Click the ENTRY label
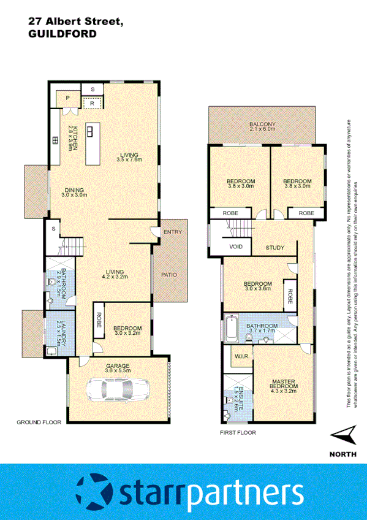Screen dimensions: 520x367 (x=172, y=232)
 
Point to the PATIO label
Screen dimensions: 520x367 (x=168, y=274)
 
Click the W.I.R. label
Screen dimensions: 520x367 (x=240, y=355)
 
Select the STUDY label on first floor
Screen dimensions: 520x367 (x=274, y=248)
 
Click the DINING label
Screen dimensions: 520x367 (x=75, y=192)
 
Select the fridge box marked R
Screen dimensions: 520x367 (x=93, y=103)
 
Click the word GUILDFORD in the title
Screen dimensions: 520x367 (x=62, y=34)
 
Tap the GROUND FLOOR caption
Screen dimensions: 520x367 (x=37, y=422)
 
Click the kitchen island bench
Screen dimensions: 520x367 (x=93, y=145)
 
